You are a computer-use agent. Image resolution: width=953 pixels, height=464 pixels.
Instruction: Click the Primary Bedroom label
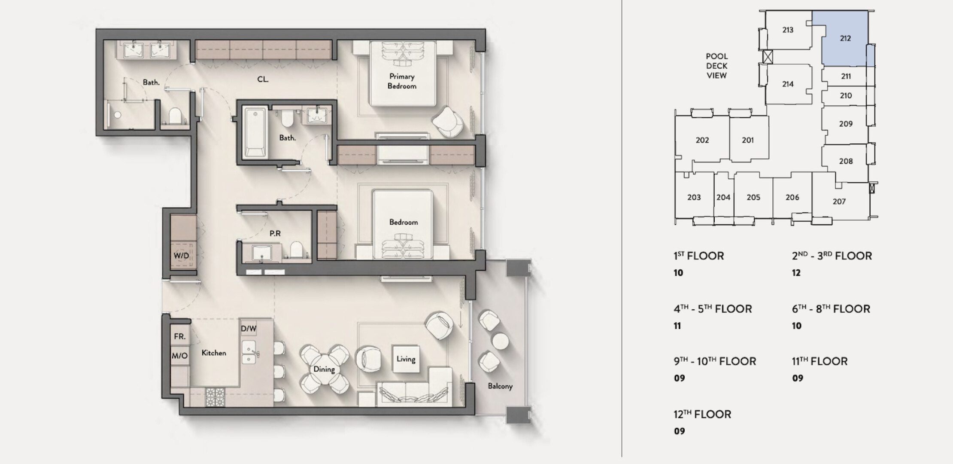pos(402,81)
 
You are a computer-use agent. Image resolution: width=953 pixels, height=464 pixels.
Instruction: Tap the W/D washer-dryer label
pos(181,256)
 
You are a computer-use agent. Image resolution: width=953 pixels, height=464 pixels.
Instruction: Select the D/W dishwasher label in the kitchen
pos(249,329)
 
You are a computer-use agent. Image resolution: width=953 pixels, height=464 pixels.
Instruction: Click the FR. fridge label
pos(180,336)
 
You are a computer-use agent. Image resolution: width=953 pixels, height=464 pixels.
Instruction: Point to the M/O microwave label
pos(179,356)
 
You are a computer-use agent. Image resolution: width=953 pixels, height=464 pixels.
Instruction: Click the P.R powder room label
pos(275,233)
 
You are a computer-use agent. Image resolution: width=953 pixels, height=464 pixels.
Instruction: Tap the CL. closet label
pos(263,79)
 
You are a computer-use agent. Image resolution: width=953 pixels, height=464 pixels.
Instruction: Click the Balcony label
pos(500,386)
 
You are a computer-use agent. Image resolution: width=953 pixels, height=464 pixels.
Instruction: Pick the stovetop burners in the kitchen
pos(215,397)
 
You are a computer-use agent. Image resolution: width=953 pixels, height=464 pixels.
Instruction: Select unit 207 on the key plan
pos(839,201)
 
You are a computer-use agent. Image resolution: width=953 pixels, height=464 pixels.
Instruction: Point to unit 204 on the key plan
pos(723,197)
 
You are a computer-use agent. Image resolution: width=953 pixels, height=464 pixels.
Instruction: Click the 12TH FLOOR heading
pos(702,414)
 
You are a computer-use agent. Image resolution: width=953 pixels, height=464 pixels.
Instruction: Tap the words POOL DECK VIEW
pos(717,66)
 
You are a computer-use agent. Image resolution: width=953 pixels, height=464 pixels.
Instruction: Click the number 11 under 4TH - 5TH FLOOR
pos(677,326)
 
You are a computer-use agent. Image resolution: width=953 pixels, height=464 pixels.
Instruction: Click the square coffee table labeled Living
pos(406,359)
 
